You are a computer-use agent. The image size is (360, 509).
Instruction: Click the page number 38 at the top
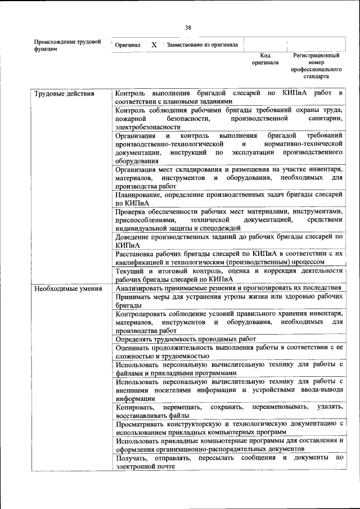click(x=188, y=27)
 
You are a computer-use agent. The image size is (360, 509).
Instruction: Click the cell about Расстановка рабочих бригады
click(x=228, y=258)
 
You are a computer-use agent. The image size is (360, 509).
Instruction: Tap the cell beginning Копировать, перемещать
click(x=228, y=411)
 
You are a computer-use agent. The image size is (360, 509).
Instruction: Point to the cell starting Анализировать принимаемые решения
click(x=228, y=287)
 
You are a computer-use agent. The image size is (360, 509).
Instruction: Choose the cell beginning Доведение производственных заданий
click(x=228, y=241)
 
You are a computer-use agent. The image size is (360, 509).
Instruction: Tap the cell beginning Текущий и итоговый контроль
click(x=228, y=274)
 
